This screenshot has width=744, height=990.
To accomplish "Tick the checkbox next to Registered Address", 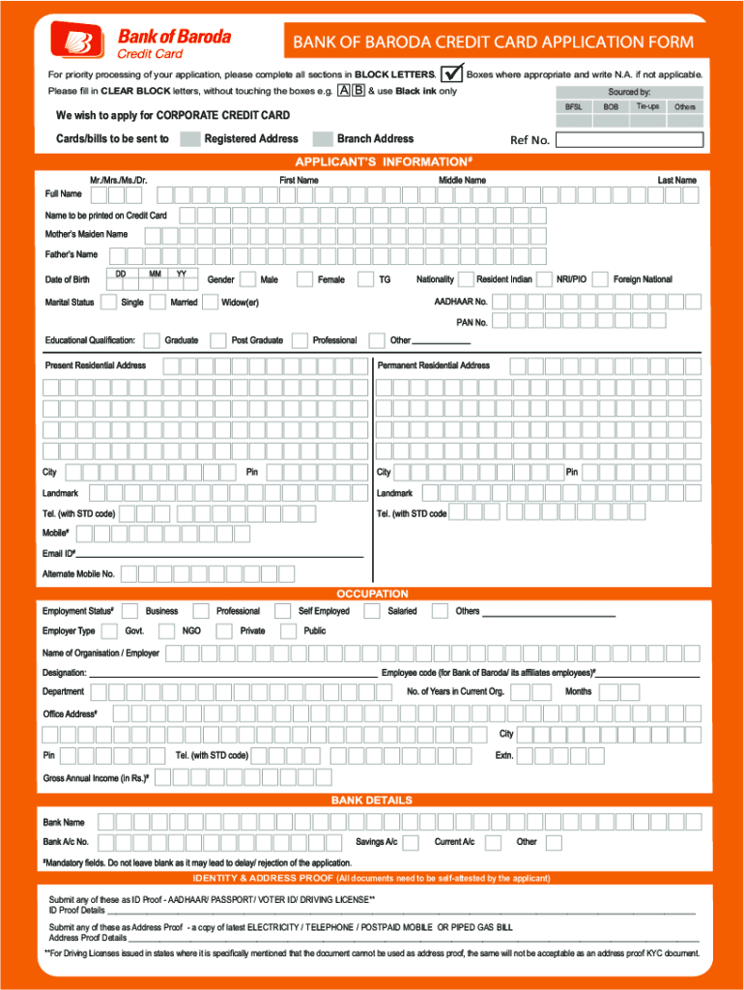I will pyautogui.click(x=190, y=138).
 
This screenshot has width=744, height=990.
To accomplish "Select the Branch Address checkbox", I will pyautogui.click(x=323, y=138).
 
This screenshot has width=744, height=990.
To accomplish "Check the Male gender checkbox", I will pyautogui.click(x=247, y=279).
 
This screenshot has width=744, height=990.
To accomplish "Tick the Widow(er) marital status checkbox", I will pyautogui.click(x=209, y=303).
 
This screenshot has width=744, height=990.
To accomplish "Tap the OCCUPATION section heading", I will pyautogui.click(x=372, y=594).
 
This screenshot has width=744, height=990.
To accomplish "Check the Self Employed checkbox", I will pyautogui.click(x=282, y=611).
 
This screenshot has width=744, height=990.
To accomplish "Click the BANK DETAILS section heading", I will pyautogui.click(x=372, y=801).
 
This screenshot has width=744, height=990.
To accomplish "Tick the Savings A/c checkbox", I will pyautogui.click(x=411, y=843).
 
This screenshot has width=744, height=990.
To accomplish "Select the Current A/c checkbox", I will pyautogui.click(x=493, y=843).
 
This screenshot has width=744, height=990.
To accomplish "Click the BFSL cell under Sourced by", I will pyautogui.click(x=573, y=106).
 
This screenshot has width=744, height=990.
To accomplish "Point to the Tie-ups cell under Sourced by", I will pyautogui.click(x=648, y=106).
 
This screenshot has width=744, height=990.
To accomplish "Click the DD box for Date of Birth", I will pyautogui.click(x=121, y=279).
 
